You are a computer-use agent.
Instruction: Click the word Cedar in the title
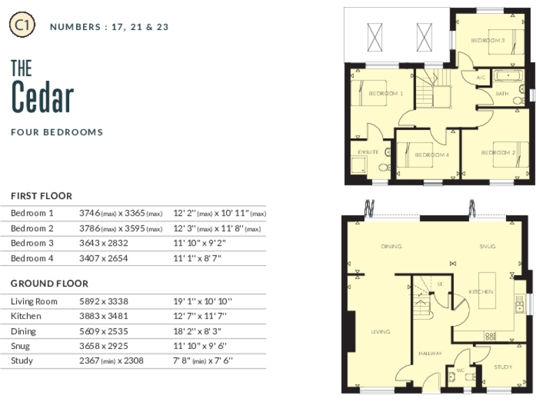pos(43,97)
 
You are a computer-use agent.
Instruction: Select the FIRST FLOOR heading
pos(41,196)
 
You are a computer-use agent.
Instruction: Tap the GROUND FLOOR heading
pos(49,284)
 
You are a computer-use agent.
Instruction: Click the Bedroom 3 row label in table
pos(32,244)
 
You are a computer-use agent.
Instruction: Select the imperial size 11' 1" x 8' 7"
pos(203,258)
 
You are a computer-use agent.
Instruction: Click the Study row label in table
pos(22,361)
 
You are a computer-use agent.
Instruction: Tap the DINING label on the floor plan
pos(391,246)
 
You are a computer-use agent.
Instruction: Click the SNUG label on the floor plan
pos(486,246)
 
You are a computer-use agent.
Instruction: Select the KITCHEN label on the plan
pos(481,291)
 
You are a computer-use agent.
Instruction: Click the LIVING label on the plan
pos(380,332)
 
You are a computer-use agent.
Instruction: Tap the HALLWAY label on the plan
pos(430,354)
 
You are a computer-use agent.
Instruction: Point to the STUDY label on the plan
pos(502,366)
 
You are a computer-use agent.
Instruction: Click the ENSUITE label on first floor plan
pos(368,151)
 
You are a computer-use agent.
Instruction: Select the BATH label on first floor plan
pos(502,94)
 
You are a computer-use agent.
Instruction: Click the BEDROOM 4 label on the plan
pos(431,154)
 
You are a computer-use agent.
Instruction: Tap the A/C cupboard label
pos(480,77)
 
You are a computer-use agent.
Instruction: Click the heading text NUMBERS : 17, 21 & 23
pos(109,27)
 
